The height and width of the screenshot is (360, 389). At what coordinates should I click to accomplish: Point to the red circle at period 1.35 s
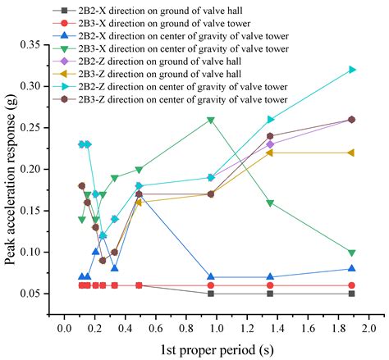tap(270, 285)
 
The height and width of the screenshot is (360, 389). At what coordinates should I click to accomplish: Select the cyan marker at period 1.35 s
tap(270, 120)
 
